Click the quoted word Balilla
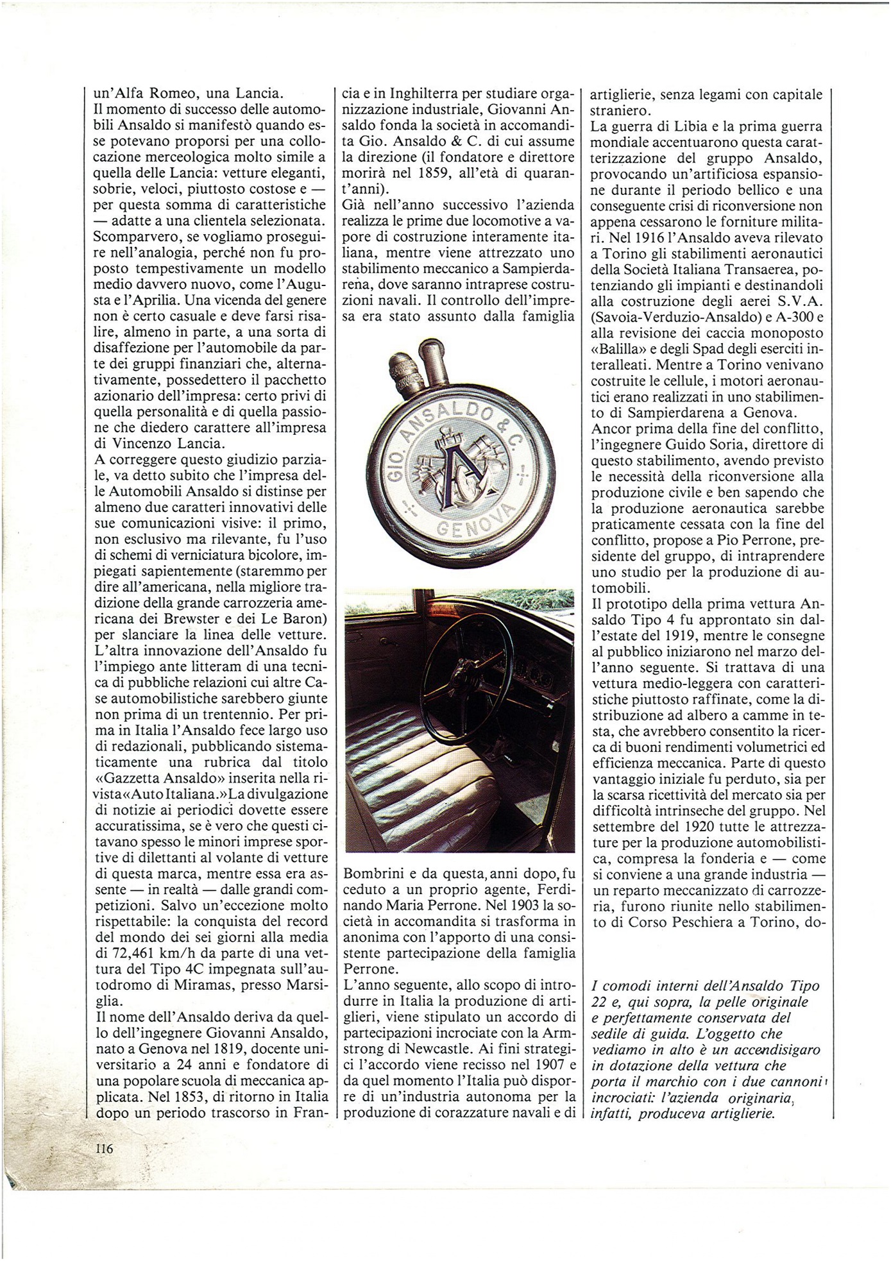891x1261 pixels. click(x=619, y=349)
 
